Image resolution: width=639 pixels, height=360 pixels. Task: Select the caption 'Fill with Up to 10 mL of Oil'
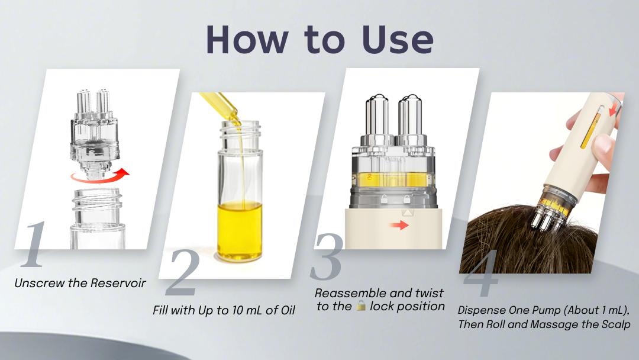click(223, 310)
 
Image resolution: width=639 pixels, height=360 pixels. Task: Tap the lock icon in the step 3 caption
click(362, 306)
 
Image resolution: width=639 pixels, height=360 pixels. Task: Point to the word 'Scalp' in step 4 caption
click(615, 324)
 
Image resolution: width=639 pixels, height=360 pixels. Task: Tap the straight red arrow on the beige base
click(403, 226)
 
